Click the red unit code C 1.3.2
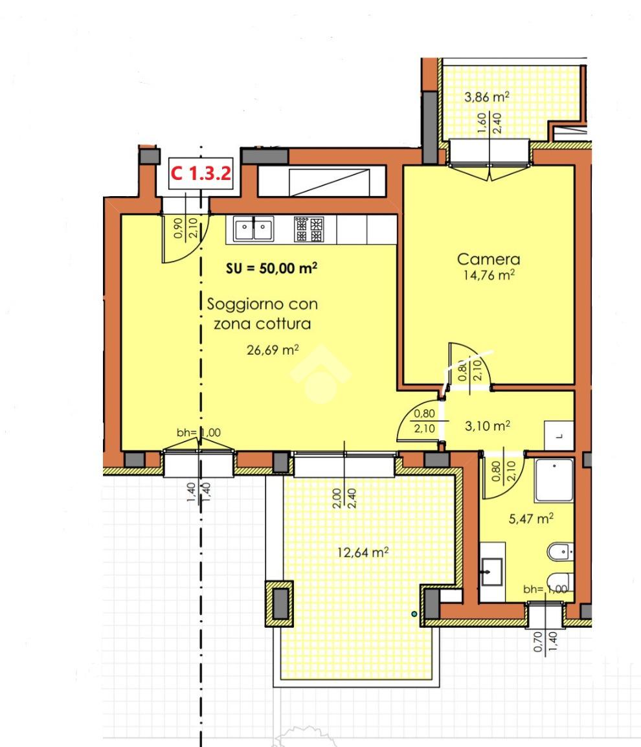click(x=201, y=173)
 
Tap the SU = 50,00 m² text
click(x=272, y=268)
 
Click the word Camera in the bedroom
click(x=488, y=259)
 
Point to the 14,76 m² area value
click(x=489, y=275)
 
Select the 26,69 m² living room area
click(x=273, y=350)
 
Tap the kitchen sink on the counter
click(x=254, y=229)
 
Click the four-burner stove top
click(x=309, y=229)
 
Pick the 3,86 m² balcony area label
click(x=487, y=97)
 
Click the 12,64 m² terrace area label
click(x=363, y=553)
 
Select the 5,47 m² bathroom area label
click(x=531, y=518)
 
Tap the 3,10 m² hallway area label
click(x=488, y=425)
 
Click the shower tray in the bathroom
click(x=554, y=480)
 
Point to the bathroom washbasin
click(x=492, y=572)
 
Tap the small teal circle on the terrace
click(x=414, y=614)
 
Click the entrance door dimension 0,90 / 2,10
click(x=185, y=228)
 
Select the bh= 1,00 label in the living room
click(x=199, y=432)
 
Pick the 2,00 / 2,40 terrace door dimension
click(x=344, y=498)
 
